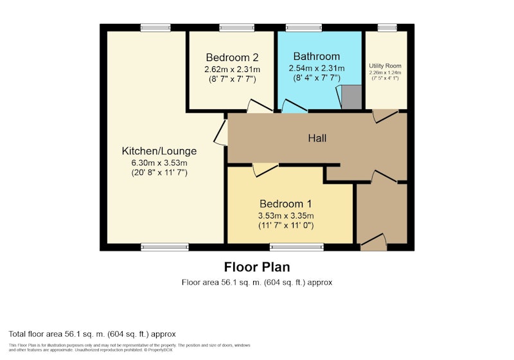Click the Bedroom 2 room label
click(x=232, y=57)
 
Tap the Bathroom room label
click(x=316, y=57)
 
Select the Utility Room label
click(x=385, y=66)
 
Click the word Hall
click(x=317, y=138)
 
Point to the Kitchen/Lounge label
click(x=159, y=151)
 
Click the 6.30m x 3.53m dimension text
click(x=159, y=163)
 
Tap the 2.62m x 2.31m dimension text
click(x=232, y=69)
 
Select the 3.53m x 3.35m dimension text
click(x=285, y=216)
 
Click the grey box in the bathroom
click(x=351, y=97)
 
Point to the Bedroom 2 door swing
click(x=260, y=106)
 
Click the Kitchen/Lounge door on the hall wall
click(x=220, y=132)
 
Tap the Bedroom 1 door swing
click(x=265, y=170)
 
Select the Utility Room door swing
click(x=385, y=116)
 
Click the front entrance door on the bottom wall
click(x=374, y=242)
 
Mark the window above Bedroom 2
click(x=236, y=28)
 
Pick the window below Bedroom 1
click(x=297, y=247)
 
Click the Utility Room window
click(x=387, y=28)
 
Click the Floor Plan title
click(x=257, y=267)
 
